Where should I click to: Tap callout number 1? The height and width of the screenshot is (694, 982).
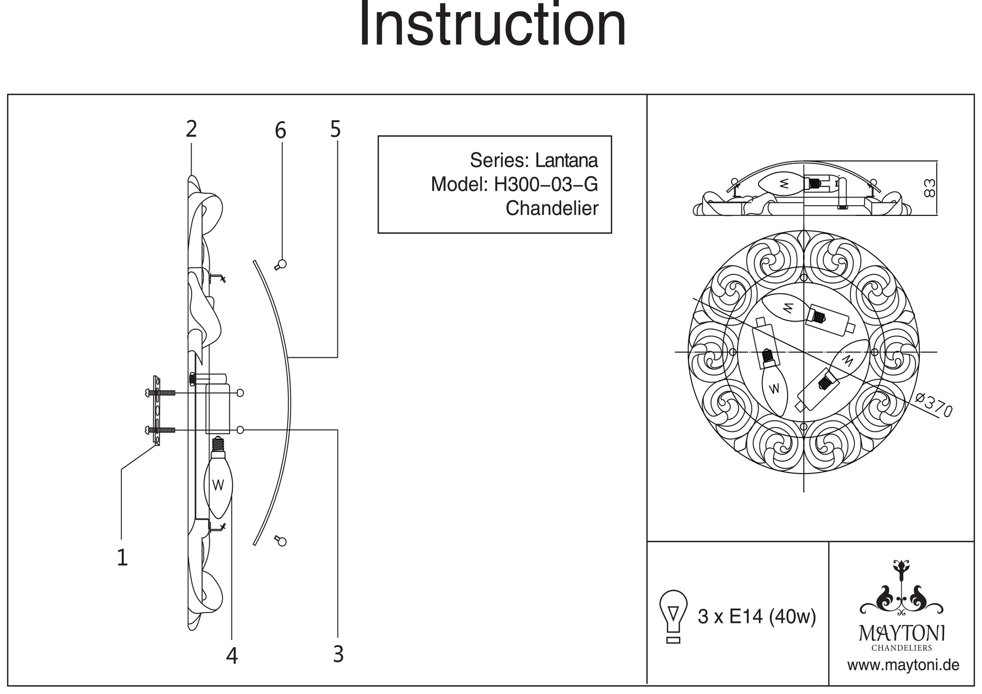(x=122, y=558)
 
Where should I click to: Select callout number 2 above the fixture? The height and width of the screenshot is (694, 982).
(x=191, y=129)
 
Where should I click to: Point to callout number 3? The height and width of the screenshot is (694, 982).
(x=338, y=654)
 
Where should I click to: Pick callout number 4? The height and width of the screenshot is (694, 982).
(x=232, y=656)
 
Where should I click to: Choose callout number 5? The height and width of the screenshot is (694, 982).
(x=335, y=130)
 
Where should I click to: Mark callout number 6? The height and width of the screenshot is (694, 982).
(x=280, y=131)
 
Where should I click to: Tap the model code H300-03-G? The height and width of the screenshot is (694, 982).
(x=546, y=185)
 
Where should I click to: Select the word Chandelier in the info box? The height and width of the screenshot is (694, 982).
(x=552, y=209)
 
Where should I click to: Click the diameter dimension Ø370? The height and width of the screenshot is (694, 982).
(x=934, y=405)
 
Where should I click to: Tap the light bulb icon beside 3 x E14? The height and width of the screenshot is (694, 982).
(x=674, y=616)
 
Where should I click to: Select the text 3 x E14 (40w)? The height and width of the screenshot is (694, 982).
(x=757, y=616)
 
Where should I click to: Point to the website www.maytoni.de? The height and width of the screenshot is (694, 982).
(x=903, y=666)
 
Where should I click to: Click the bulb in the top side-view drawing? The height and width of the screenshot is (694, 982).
(x=782, y=184)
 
